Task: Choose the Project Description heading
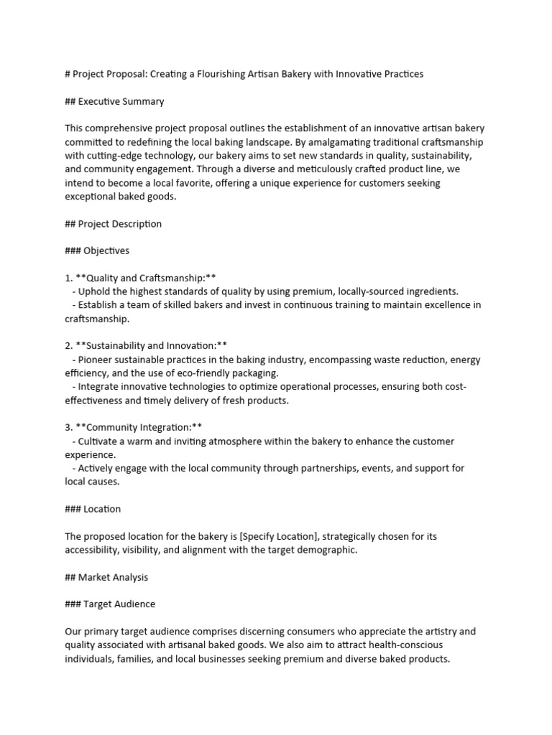point(113,223)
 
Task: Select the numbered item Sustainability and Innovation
point(146,345)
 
